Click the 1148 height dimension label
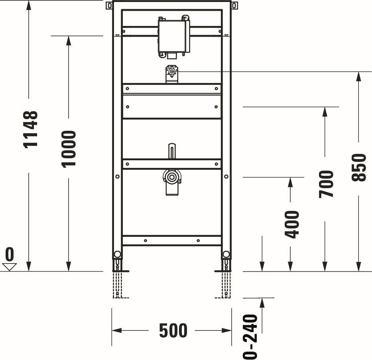click(x=31, y=130)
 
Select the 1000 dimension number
click(x=69, y=149)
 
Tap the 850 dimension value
click(x=359, y=168)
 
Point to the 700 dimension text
click(x=326, y=184)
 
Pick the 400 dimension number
click(x=292, y=224)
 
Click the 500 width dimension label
click(x=173, y=330)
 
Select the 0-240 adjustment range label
click(x=250, y=337)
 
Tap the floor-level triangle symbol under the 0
click(x=9, y=267)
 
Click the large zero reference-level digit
click(x=10, y=254)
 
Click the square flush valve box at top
click(x=173, y=36)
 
